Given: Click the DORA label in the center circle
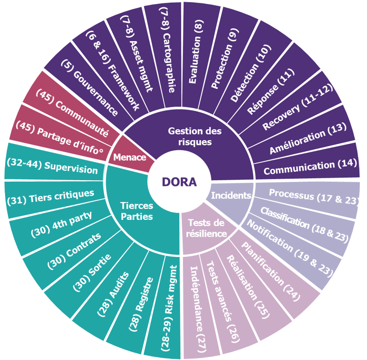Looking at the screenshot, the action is pos(179,182).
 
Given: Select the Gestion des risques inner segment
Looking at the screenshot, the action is pos(195,137).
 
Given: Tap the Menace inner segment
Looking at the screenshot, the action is pos(130,156).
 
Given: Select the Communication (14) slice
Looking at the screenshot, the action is pos(309,167).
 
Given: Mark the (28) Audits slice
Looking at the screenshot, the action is pos(112,292).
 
